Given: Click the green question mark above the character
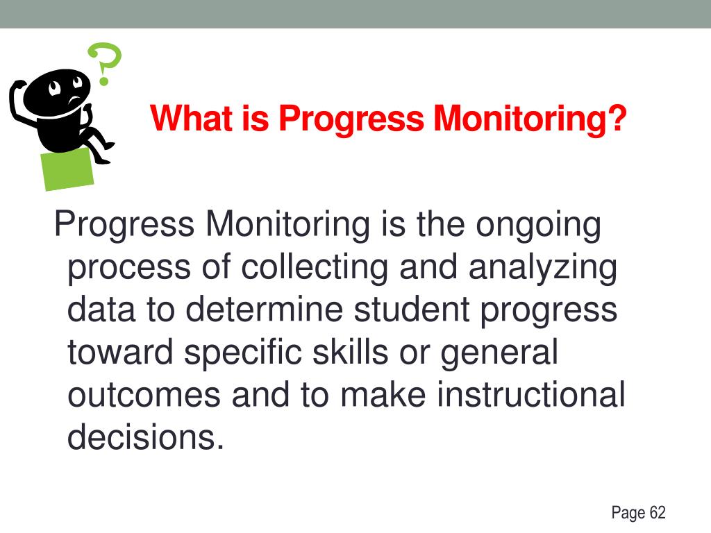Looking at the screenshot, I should [104, 62].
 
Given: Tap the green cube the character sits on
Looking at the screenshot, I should [67, 168].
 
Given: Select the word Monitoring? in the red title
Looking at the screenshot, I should [530, 119].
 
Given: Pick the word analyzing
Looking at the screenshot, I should [542, 269].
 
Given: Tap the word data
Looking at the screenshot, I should [101, 310].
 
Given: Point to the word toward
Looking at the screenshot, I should [120, 353].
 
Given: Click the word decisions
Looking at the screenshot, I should [146, 437].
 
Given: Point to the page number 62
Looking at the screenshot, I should [657, 514].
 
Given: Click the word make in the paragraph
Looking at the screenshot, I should [383, 395].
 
